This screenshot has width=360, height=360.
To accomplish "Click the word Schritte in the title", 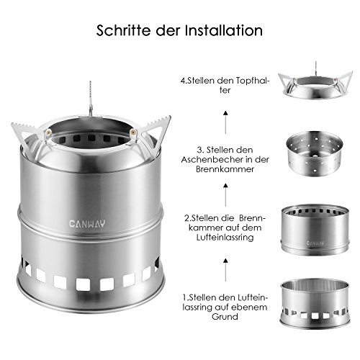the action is coord(124,30).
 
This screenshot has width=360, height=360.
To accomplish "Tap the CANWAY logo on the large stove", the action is coord(87,224).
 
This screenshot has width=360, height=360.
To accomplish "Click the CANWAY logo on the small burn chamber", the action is coord(315,243).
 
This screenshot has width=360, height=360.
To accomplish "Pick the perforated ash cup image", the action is coord(314,154).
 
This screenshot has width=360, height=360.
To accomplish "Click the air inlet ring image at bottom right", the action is coord(315,303).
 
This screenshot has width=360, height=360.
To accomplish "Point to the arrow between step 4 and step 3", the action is coord(225,122).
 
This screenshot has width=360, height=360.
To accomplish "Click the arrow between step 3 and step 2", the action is coord(225,194).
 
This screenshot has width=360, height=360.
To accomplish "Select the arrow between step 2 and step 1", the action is coord(225,269).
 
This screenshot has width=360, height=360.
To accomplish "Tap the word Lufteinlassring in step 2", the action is coord(225,238).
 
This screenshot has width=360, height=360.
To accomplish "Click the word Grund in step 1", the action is coord(225,317).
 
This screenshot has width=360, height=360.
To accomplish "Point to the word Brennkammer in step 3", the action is coord(225,169).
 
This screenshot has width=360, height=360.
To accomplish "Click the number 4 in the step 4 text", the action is coord(183,81).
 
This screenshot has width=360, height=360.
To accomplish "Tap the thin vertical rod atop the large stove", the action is coord(91,99).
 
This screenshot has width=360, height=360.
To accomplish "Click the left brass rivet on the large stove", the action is coord(49,132).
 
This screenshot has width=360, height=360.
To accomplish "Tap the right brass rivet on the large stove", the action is coord(132,132).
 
